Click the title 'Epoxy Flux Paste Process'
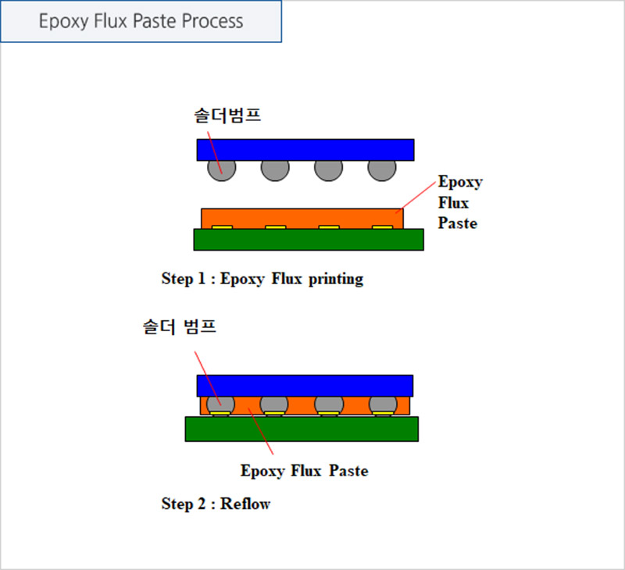[x=141, y=21]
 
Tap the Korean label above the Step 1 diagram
[x=227, y=116]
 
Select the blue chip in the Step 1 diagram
[x=305, y=150]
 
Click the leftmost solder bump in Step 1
[x=222, y=170]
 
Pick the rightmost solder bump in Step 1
[x=382, y=170]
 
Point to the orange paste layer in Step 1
[x=302, y=217]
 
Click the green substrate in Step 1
[x=309, y=240]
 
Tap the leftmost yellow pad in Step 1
[x=222, y=227]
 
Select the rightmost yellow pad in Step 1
[x=382, y=227]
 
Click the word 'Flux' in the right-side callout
[x=453, y=203]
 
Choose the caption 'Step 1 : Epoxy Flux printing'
[x=262, y=279]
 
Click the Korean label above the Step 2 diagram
[x=180, y=327]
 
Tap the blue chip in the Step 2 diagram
[x=305, y=386]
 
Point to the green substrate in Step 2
[x=302, y=429]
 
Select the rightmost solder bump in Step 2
[x=383, y=404]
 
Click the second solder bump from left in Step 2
[x=274, y=404]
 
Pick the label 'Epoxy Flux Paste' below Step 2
[x=304, y=471]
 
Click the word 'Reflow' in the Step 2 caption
[x=245, y=504]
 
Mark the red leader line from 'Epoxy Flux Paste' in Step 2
[x=261, y=431]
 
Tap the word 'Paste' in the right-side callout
[x=458, y=223]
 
